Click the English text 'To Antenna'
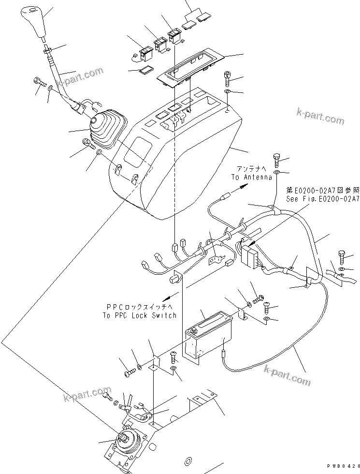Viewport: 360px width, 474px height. pos(248,178)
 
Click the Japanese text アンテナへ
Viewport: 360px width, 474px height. pos(251,168)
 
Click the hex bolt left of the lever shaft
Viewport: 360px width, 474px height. pos(38,82)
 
